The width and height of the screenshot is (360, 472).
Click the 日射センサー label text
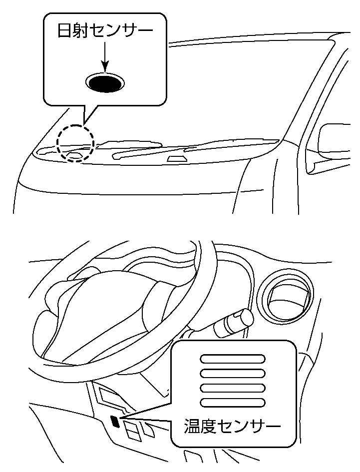tap(105, 30)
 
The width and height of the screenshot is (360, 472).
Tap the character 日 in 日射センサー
tap(64, 30)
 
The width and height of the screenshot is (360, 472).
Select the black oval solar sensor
tap(105, 82)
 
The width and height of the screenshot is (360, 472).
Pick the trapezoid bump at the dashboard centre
tap(176, 159)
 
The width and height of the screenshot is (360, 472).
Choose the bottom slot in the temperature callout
tap(233, 402)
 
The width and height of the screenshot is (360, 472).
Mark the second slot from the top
tap(233, 374)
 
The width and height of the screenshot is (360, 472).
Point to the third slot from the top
tap(233, 388)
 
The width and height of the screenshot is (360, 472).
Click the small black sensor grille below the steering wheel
tap(115, 421)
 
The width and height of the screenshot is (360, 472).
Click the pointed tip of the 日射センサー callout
tap(84, 124)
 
